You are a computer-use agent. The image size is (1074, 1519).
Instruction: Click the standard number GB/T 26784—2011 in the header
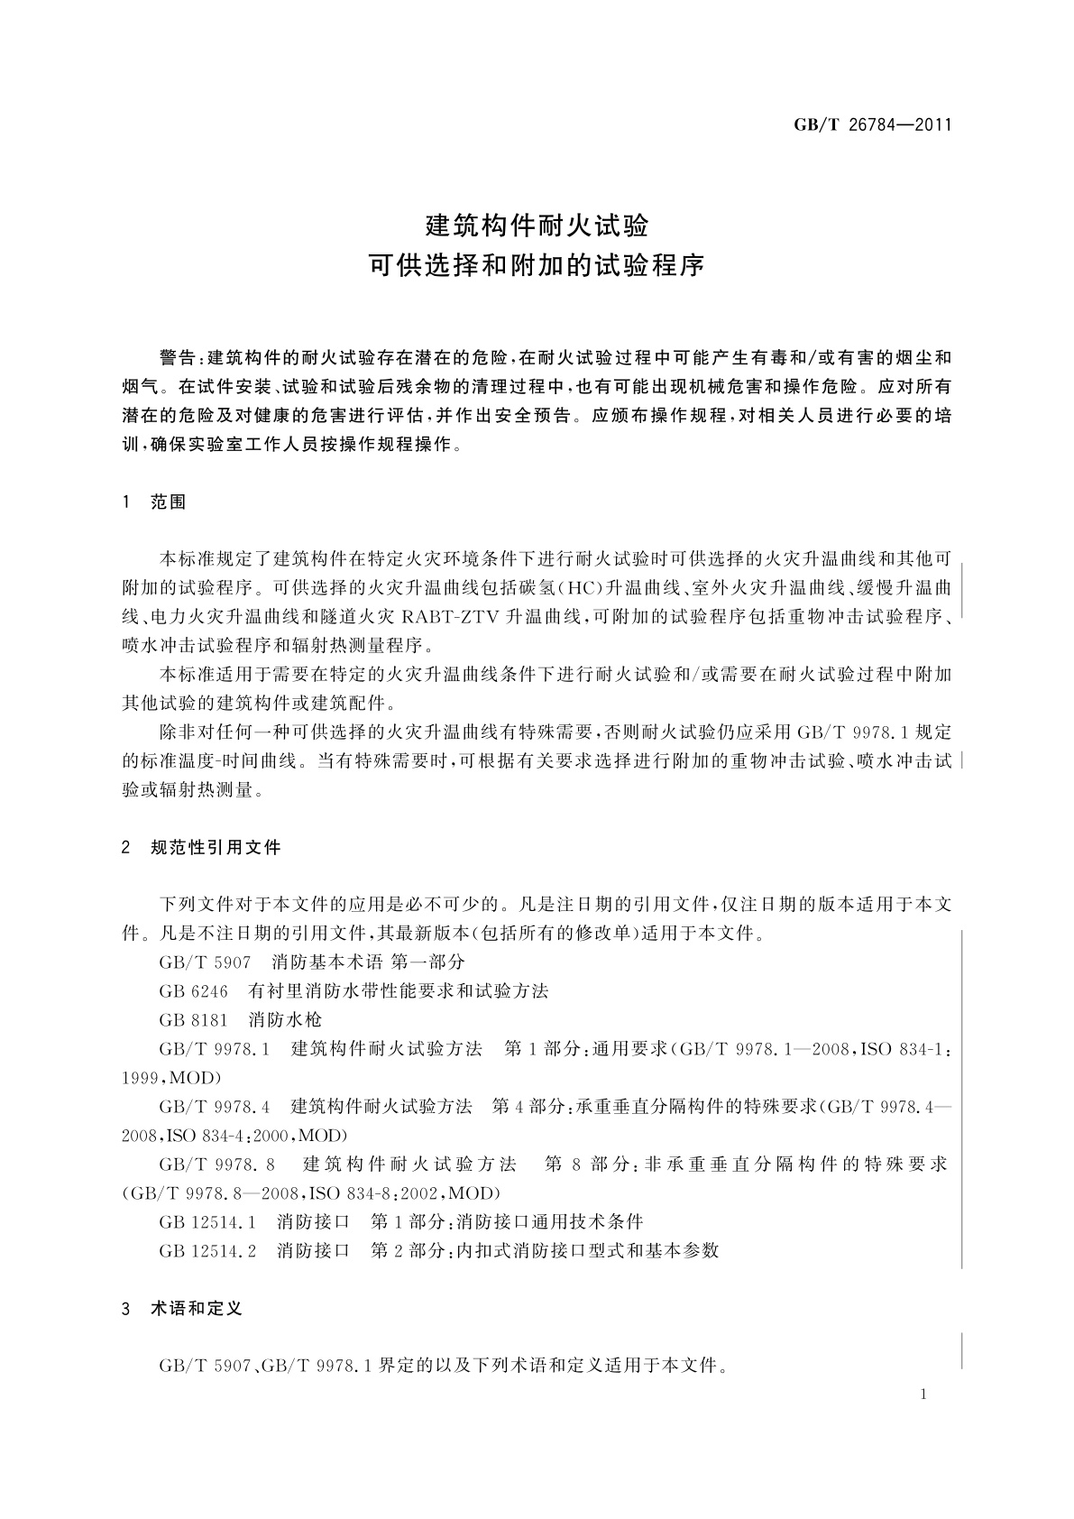(872, 124)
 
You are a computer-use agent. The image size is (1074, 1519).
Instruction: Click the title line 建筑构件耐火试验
(537, 224)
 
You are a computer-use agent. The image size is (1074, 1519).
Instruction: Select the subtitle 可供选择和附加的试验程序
(537, 267)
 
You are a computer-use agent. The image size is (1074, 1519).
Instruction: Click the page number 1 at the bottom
(924, 1395)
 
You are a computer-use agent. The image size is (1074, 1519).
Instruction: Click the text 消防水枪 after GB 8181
(285, 1020)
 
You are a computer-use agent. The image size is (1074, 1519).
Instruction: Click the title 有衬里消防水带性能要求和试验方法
(399, 991)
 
